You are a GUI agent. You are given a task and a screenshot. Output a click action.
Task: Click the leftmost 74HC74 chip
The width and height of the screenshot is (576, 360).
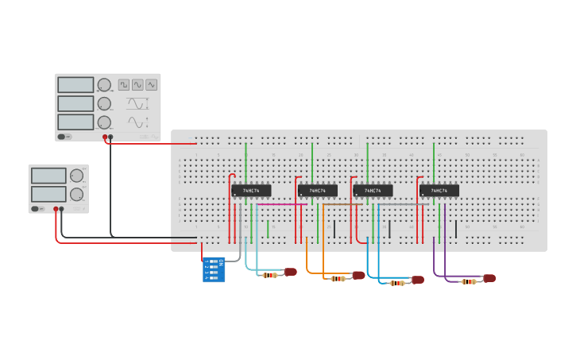click(251, 191)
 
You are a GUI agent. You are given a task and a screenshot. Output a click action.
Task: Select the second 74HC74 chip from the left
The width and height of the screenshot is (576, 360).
click(317, 191)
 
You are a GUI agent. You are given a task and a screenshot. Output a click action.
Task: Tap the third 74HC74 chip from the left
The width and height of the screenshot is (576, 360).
click(373, 191)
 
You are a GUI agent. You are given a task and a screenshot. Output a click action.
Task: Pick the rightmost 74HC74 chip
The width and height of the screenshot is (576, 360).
click(439, 191)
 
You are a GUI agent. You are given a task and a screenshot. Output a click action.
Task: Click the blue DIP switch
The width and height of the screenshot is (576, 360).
click(215, 269)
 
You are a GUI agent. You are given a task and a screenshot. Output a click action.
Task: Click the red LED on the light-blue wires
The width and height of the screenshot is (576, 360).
click(290, 272)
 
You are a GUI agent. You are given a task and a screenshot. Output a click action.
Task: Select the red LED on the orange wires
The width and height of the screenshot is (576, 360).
click(358, 276)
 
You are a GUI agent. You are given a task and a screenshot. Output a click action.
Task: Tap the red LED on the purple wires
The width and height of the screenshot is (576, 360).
click(489, 278)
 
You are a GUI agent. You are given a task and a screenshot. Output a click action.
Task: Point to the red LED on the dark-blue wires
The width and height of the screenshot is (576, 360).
click(418, 280)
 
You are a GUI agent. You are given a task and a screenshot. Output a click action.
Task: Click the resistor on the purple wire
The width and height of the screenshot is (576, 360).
click(469, 281)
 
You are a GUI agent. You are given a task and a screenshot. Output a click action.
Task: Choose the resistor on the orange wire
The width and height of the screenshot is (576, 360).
click(338, 278)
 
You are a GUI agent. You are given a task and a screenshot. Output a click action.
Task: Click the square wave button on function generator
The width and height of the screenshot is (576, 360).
click(124, 84)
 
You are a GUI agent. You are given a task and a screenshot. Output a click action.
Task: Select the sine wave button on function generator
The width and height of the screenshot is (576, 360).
click(137, 84)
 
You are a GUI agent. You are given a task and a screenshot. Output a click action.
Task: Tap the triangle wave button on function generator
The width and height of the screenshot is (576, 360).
click(151, 84)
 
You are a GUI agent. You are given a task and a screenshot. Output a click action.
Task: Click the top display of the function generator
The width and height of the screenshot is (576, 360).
click(75, 84)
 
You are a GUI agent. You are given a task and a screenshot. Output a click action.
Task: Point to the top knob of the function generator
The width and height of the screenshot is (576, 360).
click(104, 85)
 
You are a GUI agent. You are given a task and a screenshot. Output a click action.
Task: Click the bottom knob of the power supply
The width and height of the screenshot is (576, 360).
click(76, 194)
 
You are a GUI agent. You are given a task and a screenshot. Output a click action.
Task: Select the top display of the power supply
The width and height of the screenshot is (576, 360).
click(48, 176)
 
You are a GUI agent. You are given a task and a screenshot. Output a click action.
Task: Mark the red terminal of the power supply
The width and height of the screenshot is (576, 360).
click(56, 210)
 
